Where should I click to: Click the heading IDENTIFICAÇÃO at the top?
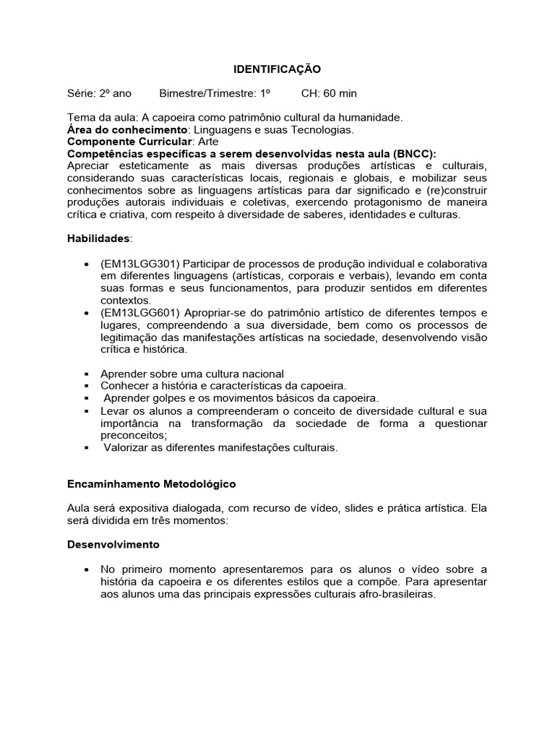tap(277, 69)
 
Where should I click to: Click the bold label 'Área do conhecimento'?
tap(127, 129)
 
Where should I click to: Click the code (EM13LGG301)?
tap(141, 264)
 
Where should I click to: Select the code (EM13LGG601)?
tap(141, 313)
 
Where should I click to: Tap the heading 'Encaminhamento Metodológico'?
tap(151, 483)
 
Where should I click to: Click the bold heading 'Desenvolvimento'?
tap(113, 544)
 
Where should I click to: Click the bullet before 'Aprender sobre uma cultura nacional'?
tap(87, 374)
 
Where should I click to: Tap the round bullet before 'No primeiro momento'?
tap(87, 569)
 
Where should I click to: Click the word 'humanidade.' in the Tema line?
tap(371, 117)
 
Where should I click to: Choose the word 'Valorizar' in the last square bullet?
tap(126, 447)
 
